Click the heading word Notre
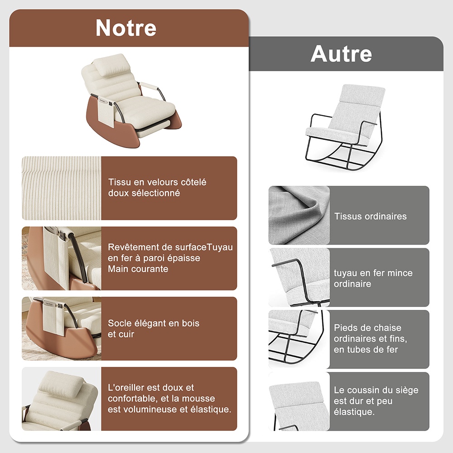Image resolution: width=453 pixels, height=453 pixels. (x=126, y=28)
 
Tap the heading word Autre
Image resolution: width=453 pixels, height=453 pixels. (x=341, y=54)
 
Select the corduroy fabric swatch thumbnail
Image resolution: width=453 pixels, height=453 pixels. (x=62, y=188)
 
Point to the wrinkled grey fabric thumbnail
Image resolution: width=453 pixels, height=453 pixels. (x=299, y=215)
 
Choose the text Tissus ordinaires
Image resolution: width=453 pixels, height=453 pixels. (x=371, y=217)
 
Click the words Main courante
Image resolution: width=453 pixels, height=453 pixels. (x=138, y=269)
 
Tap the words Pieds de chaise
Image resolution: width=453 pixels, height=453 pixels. (x=367, y=328)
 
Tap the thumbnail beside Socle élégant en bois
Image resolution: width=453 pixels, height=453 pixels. (x=62, y=329)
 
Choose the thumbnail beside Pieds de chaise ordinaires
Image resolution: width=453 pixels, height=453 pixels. (x=299, y=339)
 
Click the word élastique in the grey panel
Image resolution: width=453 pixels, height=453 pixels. (x=354, y=412)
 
